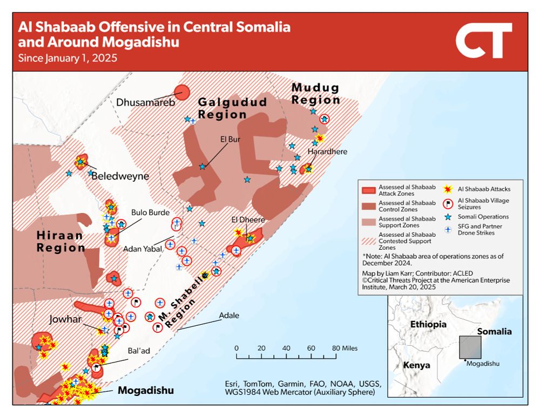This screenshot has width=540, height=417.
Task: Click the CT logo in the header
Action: (483, 41)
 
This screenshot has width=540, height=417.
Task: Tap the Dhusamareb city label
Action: (146, 102)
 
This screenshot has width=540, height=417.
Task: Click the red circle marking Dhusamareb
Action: (182, 92)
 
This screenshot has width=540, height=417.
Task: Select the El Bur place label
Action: (230, 139)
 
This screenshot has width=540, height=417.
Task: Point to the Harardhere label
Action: (327, 152)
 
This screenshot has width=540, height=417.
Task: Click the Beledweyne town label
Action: (120, 176)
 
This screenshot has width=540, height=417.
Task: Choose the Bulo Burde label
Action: (150, 213)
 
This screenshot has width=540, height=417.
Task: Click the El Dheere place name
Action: (248, 220)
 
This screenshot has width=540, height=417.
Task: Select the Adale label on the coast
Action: (229, 316)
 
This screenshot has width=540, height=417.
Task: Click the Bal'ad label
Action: (139, 351)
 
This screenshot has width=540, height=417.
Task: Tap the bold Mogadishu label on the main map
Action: (146, 391)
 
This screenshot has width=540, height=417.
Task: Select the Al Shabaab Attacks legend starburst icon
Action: (448, 189)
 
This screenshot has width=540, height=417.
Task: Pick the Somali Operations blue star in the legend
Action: (448, 217)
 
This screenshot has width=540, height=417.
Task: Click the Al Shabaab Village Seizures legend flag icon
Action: (448, 203)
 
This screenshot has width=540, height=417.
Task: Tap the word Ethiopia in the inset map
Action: (428, 325)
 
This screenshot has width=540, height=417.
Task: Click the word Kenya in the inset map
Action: (416, 365)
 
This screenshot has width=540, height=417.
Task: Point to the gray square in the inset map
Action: (470, 347)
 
